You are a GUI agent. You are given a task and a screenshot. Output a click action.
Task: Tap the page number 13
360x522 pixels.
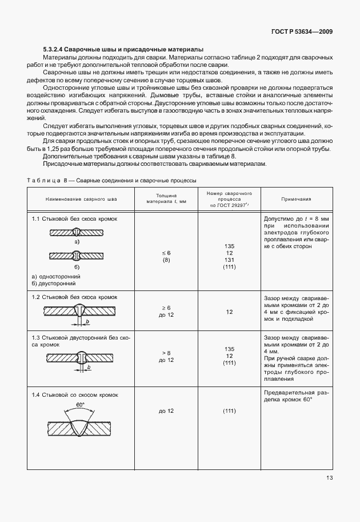tap(329, 478)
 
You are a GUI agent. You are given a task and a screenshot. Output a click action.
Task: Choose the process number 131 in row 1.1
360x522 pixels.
tap(229, 260)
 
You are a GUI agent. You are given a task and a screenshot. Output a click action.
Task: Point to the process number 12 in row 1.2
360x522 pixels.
tap(229, 312)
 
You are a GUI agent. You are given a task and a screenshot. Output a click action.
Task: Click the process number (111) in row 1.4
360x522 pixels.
tap(229, 412)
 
